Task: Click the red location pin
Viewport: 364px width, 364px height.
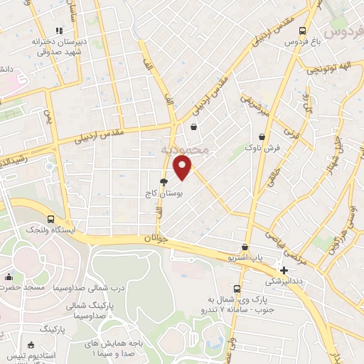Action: pos(183,167)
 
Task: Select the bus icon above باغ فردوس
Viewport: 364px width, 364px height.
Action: pos(303,31)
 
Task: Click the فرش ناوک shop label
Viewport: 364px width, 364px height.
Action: pos(259,148)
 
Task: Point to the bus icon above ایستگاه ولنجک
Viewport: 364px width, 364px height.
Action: pos(50,219)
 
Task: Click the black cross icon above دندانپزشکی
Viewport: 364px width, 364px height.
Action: pos(284,270)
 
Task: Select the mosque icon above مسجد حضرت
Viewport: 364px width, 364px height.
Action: pos(8,277)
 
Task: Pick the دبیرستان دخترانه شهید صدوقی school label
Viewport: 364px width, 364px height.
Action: pos(60,46)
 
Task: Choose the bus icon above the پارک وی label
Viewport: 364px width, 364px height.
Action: pos(237,289)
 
